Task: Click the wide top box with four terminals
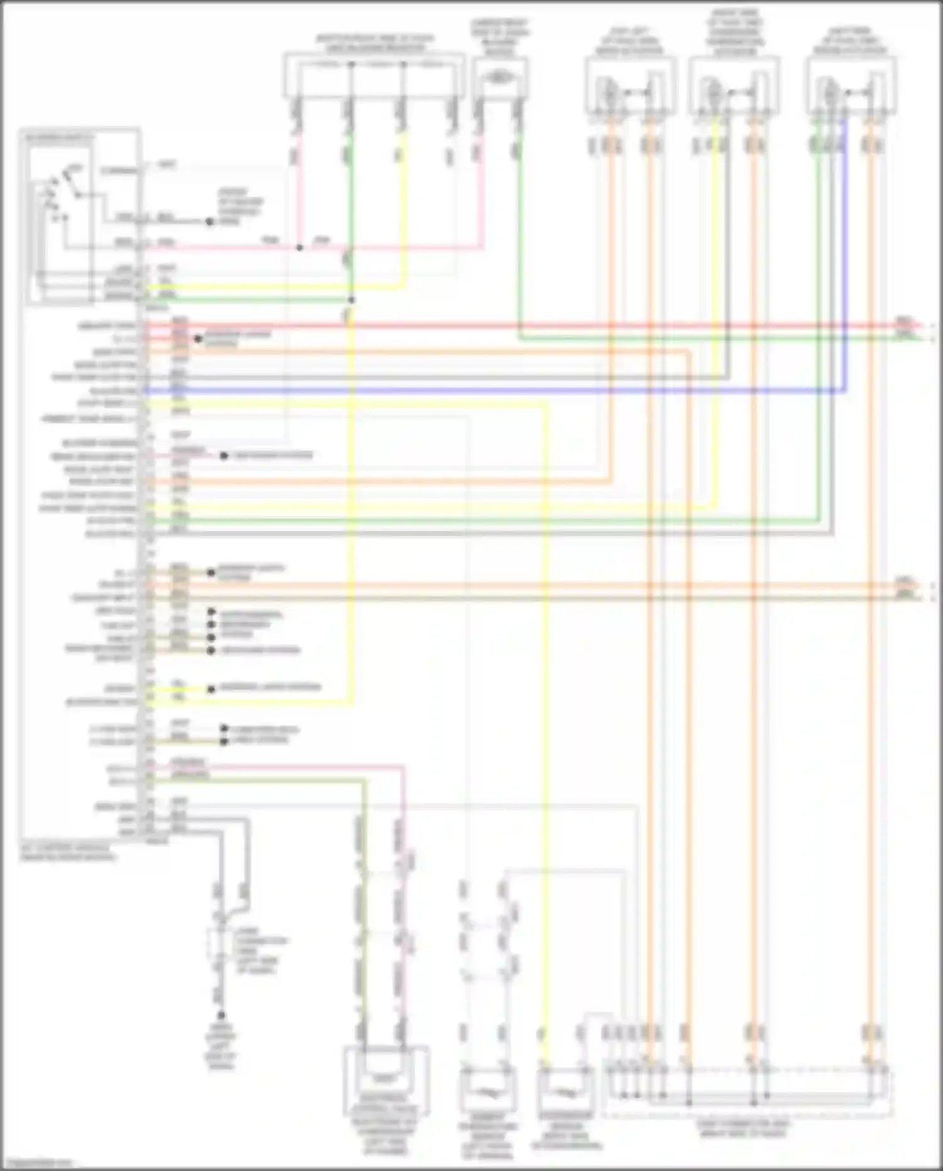click(x=373, y=76)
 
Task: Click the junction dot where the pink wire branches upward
click(x=300, y=248)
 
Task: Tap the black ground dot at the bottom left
click(x=221, y=1015)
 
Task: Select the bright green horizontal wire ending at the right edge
click(x=692, y=339)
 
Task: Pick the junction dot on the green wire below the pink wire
click(x=351, y=300)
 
